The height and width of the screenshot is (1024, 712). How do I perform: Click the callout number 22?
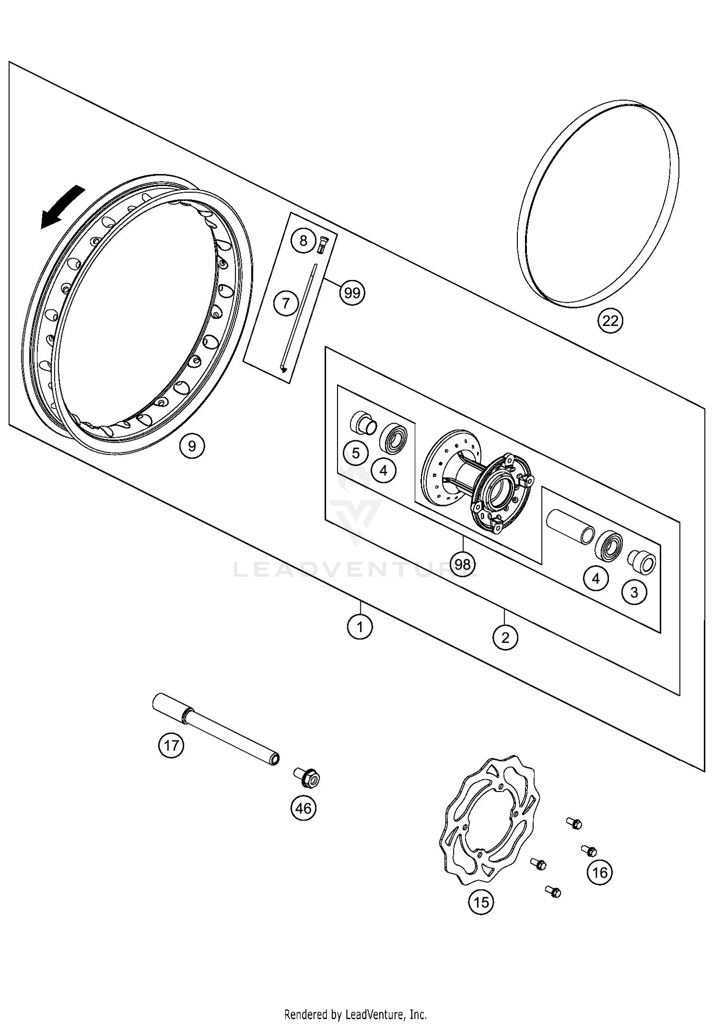[610, 321]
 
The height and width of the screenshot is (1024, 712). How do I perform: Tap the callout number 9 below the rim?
[192, 446]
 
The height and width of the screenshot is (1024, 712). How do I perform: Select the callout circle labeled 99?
[352, 293]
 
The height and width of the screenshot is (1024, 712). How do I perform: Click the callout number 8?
[303, 241]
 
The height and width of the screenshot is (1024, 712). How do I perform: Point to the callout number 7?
[286, 302]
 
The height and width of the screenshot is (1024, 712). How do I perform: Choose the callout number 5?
[356, 453]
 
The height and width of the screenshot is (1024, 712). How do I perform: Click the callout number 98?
[462, 564]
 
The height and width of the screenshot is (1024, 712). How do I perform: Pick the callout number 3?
[634, 592]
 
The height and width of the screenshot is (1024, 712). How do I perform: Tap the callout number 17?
[171, 745]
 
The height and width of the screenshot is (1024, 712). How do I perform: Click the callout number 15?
[481, 902]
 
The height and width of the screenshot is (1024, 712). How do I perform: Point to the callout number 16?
[600, 872]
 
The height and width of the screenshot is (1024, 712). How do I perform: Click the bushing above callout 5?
[363, 422]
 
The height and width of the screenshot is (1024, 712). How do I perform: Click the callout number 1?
[360, 627]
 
